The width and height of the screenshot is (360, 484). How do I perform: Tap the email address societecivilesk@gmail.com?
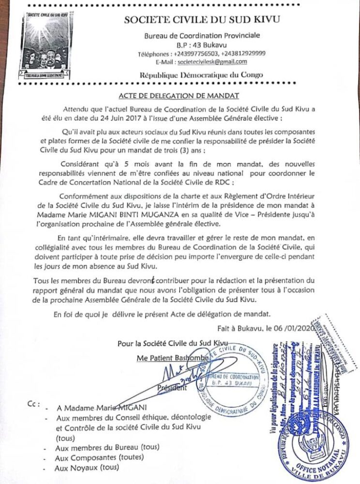[212, 62]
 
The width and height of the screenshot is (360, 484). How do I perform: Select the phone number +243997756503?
[206, 54]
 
